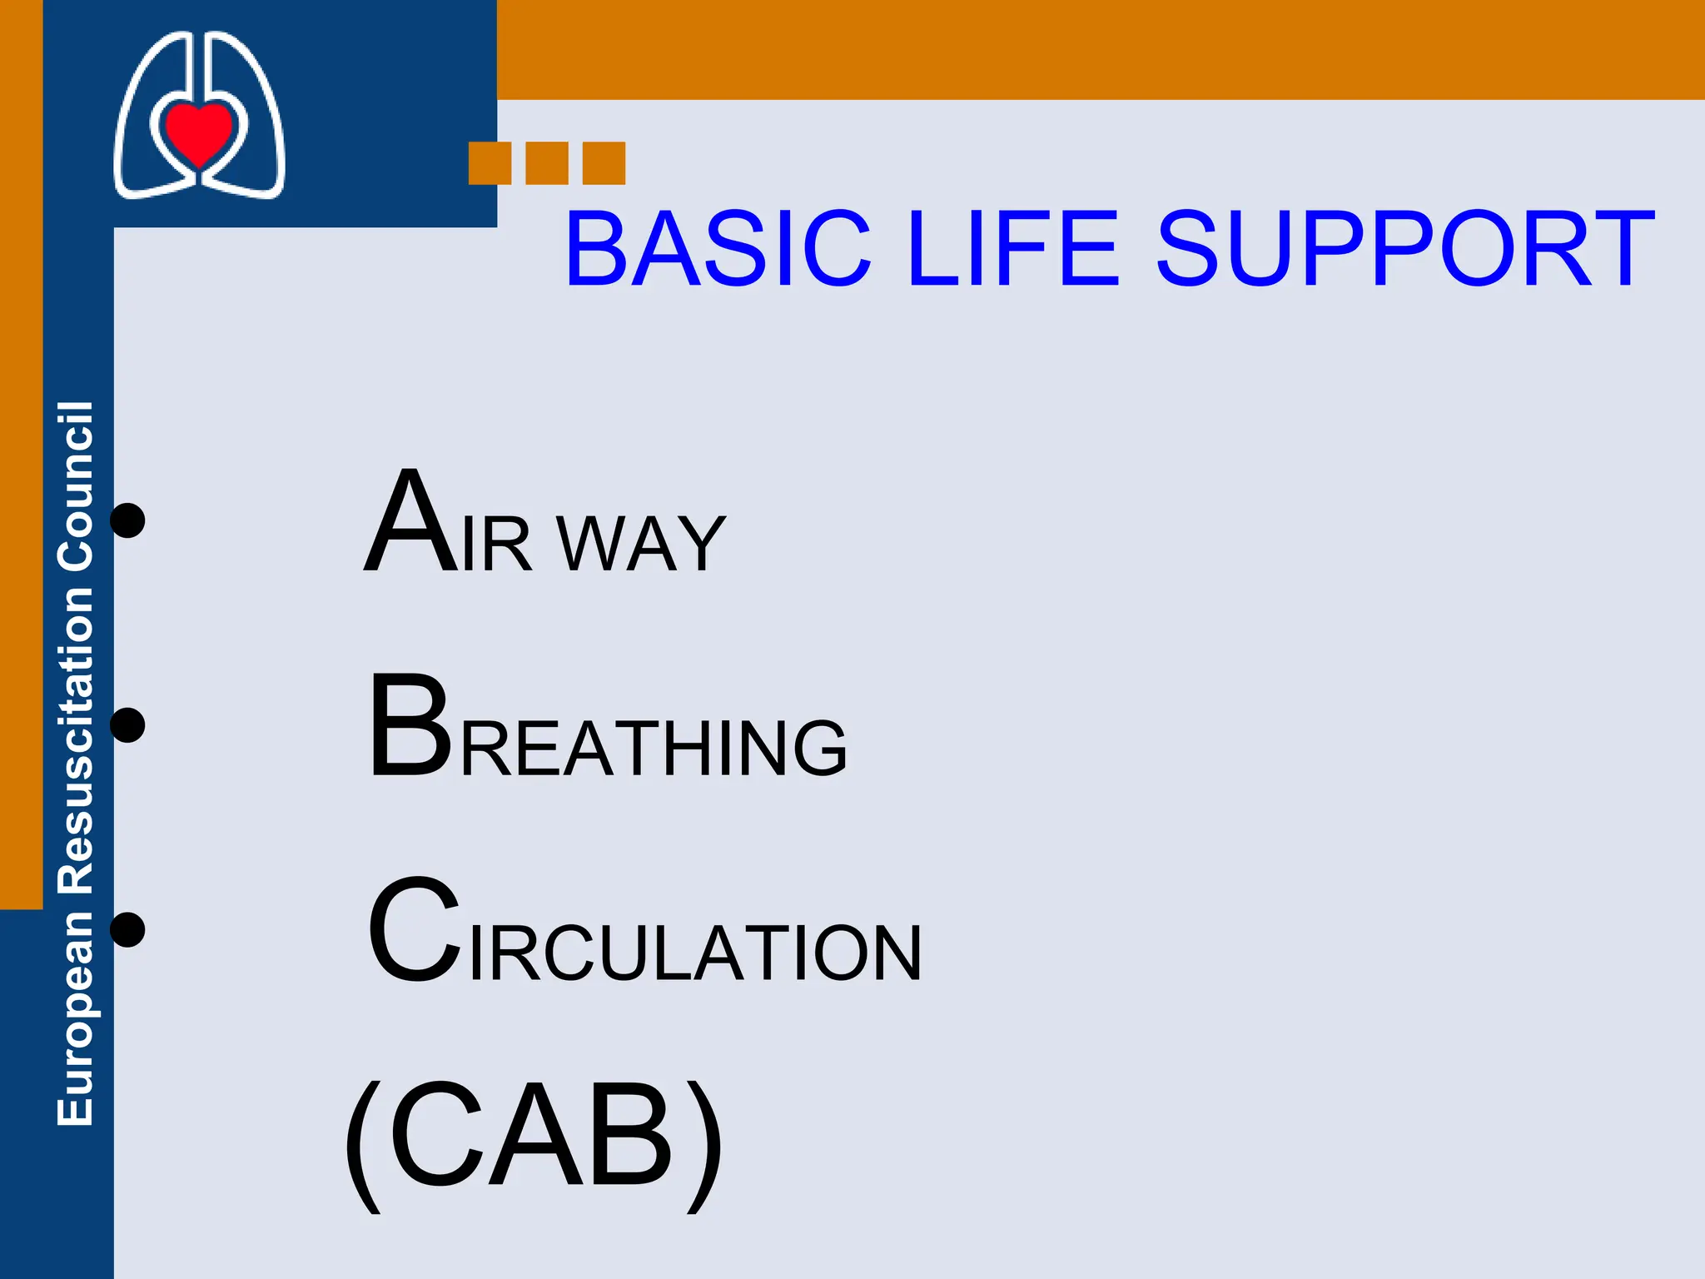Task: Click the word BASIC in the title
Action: point(718,249)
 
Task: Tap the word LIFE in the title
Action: point(1013,249)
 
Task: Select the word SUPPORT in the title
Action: point(1405,249)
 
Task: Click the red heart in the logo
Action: point(198,132)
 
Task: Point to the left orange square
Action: point(490,163)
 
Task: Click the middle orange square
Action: point(547,163)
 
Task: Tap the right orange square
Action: point(604,163)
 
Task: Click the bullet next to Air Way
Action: point(128,520)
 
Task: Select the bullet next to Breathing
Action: point(128,724)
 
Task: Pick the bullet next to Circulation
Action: point(128,929)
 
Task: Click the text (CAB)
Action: point(533,1137)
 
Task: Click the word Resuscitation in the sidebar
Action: point(75,741)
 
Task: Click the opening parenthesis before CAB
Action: point(363,1145)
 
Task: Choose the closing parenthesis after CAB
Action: point(704,1145)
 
